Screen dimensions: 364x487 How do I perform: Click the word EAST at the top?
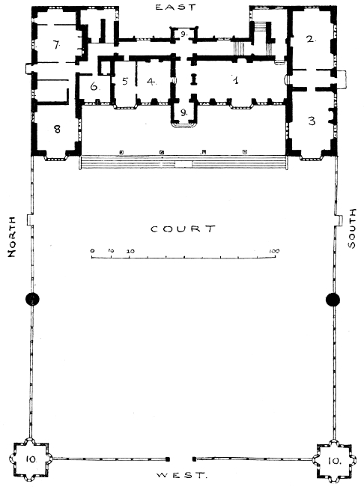pyautogui.click(x=176, y=7)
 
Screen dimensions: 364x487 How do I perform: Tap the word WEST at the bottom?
pyautogui.click(x=181, y=475)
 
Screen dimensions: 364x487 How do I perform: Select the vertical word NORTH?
pyautogui.click(x=11, y=237)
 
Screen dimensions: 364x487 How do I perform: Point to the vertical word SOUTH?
pyautogui.click(x=351, y=229)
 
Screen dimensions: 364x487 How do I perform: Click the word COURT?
pyautogui.click(x=183, y=229)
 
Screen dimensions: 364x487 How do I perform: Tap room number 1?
pyautogui.click(x=236, y=80)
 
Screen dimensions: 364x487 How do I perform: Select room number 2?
pyautogui.click(x=310, y=39)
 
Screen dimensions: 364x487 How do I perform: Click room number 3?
pyautogui.click(x=312, y=121)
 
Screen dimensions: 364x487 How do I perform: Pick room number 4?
pyautogui.click(x=151, y=82)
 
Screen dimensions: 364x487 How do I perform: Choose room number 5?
pyautogui.click(x=125, y=82)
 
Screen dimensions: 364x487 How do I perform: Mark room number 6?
pyautogui.click(x=94, y=86)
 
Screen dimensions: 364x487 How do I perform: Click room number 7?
pyautogui.click(x=56, y=45)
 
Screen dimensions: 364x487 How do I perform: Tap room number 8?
pyautogui.click(x=57, y=129)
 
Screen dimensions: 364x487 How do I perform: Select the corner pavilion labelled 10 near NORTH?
pyautogui.click(x=31, y=459)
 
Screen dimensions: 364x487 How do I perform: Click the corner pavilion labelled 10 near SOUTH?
pyautogui.click(x=334, y=460)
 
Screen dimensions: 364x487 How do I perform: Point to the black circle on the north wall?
pyautogui.click(x=32, y=299)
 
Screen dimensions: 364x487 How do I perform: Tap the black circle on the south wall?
pyautogui.click(x=333, y=300)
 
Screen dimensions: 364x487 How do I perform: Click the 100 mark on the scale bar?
pyautogui.click(x=274, y=251)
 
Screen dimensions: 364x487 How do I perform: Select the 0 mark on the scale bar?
pyautogui.click(x=92, y=250)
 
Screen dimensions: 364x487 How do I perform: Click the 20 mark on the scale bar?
pyautogui.click(x=130, y=251)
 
